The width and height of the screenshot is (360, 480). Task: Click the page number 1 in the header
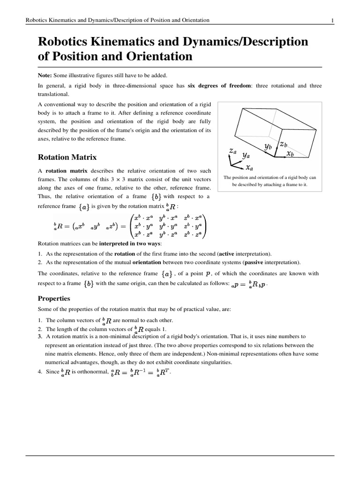[x=332, y=20]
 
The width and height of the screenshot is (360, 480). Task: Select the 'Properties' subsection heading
[x=54, y=298]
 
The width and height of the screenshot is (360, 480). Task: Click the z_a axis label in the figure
[x=233, y=150]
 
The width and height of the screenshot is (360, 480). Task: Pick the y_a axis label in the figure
[x=246, y=154]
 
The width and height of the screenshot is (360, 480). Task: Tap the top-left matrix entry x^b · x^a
[x=146, y=217]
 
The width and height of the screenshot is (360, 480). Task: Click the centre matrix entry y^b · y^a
[x=169, y=225]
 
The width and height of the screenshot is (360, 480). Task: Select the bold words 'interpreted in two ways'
[x=128, y=244]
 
